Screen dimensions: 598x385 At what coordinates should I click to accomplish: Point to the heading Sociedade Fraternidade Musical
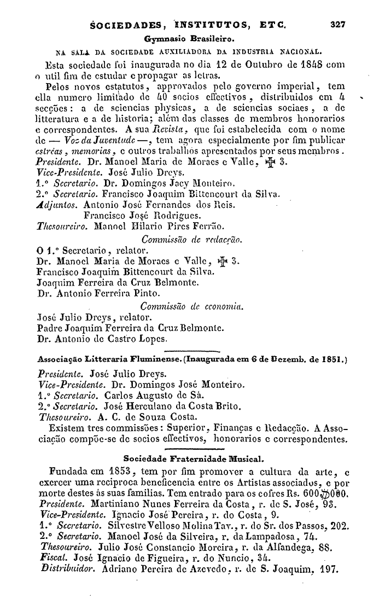pyautogui.click(x=194, y=456)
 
